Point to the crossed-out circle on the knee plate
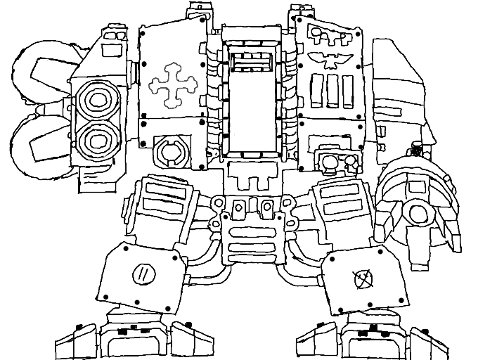pos(363,278)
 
